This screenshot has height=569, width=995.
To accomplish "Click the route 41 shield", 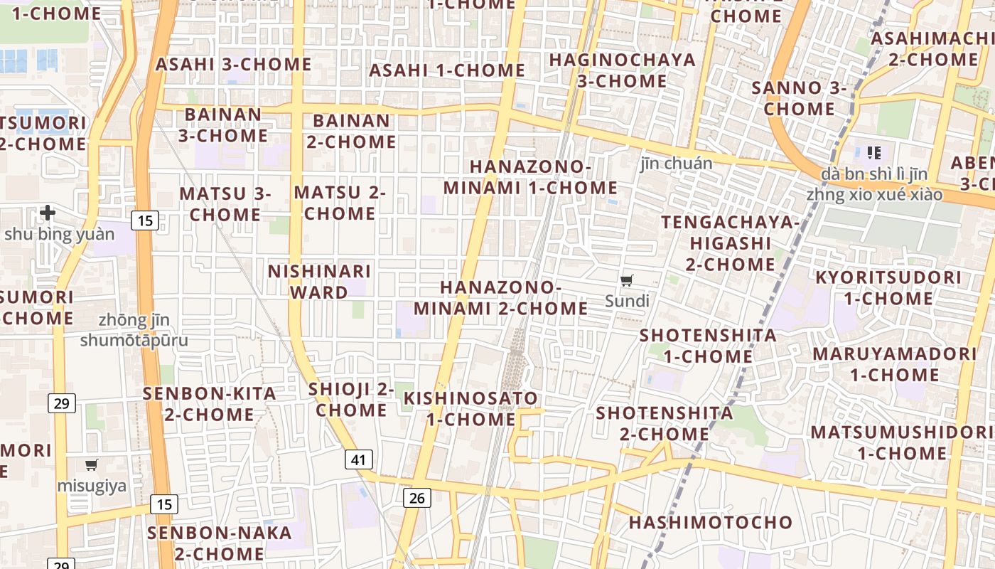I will pos(358,459).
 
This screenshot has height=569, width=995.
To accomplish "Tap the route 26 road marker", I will pos(416,498).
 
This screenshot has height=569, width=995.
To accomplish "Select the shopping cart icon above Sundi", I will pos(626,281).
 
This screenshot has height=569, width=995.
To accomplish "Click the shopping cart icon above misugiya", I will pos(91,465).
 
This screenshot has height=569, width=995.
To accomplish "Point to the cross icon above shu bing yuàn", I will pos(48,212).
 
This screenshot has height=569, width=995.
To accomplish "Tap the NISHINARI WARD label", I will pos(319,282).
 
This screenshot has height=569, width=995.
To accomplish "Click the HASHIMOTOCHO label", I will pos(710,523).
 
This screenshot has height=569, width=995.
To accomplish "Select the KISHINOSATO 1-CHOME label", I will pos(470,408).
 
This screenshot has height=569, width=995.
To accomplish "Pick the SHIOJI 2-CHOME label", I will pos(351,400).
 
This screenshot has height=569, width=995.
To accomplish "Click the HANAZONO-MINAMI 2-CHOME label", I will pos(501,298).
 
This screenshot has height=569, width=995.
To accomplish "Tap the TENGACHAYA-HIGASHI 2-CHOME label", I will pos(731,243).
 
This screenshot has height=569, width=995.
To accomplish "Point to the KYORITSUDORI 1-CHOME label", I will pos(888,287).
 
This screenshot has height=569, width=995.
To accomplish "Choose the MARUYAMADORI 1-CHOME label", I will pos(894,364).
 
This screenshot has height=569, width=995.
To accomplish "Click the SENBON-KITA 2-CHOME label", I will pos(210,403).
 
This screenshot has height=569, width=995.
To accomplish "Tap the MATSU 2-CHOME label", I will pos(340,203).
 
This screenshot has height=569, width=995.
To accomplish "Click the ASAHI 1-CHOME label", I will pos(447,70).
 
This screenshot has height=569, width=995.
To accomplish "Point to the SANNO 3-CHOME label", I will pos(799,99).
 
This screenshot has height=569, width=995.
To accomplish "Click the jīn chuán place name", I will pos(675,164).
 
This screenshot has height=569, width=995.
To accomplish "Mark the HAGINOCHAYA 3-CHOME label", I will pos(622,70).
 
